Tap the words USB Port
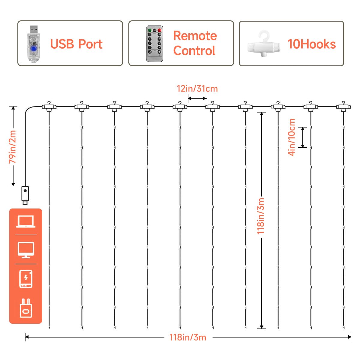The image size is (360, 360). (76, 44)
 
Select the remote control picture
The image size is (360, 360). (154, 44)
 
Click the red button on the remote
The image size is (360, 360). (160, 30)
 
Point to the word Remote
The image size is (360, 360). (195, 36)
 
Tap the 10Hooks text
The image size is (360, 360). (311, 44)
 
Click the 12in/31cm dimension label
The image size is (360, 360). (197, 89)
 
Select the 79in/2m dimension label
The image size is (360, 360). (13, 147)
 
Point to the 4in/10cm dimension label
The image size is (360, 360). (292, 137)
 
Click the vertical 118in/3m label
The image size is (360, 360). (261, 216)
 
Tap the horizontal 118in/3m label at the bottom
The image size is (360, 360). (188, 337)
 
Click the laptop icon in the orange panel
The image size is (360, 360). (26, 222)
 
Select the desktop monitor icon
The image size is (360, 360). (26, 250)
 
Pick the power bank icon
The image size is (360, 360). (26, 279)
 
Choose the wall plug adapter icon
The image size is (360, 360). (26, 308)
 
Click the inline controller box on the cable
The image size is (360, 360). (25, 194)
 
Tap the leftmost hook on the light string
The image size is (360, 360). (49, 106)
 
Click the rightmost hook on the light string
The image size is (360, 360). (343, 106)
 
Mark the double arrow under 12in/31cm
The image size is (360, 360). (197, 98)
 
